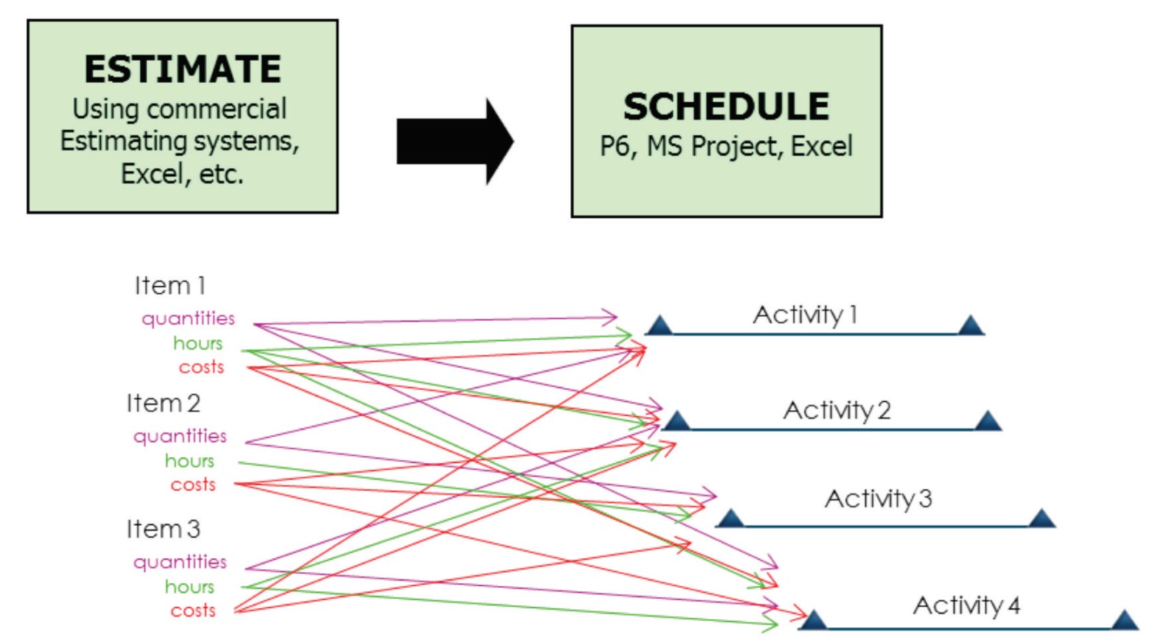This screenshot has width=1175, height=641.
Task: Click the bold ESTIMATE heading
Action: (x=183, y=69)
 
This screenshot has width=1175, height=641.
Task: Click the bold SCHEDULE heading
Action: (x=726, y=107)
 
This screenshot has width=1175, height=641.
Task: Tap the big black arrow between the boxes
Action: (x=455, y=141)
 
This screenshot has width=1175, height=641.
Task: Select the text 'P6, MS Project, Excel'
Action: (x=726, y=146)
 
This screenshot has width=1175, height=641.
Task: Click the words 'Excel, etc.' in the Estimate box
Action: (x=182, y=174)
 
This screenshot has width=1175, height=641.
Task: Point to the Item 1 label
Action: (x=170, y=286)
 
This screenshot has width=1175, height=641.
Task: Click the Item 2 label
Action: (x=163, y=403)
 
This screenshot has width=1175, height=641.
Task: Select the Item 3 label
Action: (x=163, y=529)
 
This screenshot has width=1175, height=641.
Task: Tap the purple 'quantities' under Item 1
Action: (x=188, y=319)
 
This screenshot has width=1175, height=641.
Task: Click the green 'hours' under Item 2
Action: (x=189, y=461)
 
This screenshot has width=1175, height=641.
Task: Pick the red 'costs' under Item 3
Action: (x=193, y=611)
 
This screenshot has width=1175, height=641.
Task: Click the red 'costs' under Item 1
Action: (x=201, y=367)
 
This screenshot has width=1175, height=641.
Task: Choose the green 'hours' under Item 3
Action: (x=189, y=587)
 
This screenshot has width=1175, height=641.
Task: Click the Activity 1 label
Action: (x=805, y=315)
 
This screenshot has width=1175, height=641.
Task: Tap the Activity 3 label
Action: (x=878, y=499)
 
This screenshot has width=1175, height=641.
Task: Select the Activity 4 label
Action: (x=966, y=606)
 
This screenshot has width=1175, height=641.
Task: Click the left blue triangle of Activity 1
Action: (x=659, y=326)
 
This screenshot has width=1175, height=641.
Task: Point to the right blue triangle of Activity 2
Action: (x=987, y=422)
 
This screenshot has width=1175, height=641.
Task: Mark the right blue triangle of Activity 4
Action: (x=1125, y=620)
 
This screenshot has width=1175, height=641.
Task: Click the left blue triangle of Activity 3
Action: (x=730, y=519)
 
